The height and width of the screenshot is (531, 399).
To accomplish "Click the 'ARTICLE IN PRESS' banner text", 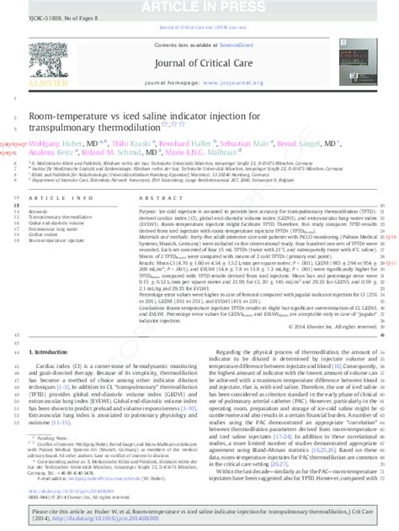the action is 199,6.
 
